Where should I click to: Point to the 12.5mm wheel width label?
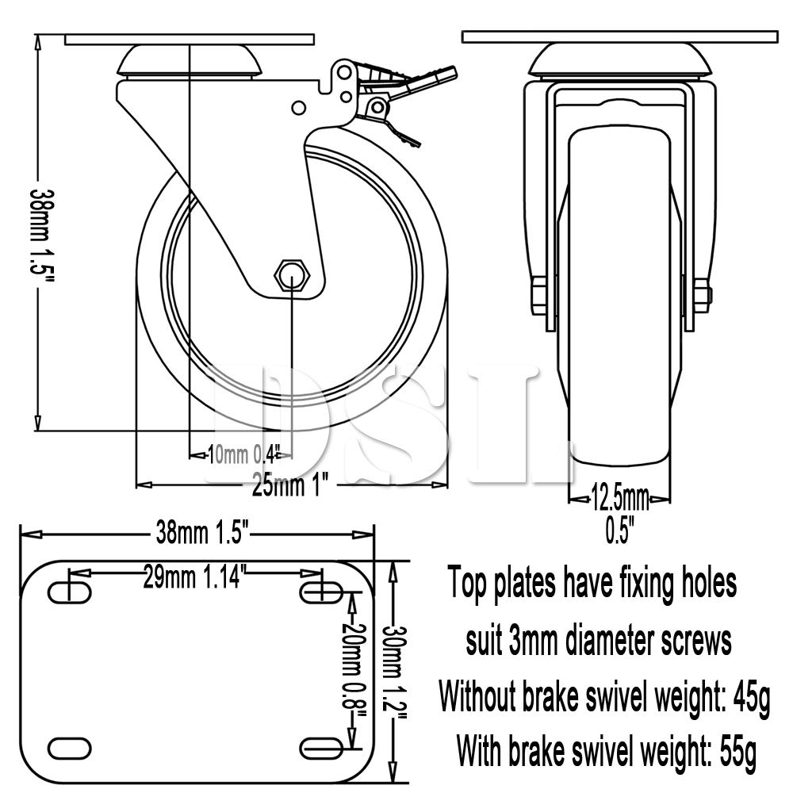point(620,499)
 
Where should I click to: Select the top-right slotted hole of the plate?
point(321,592)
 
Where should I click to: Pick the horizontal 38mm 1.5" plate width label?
point(202,534)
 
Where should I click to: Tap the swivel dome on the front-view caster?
point(620,61)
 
